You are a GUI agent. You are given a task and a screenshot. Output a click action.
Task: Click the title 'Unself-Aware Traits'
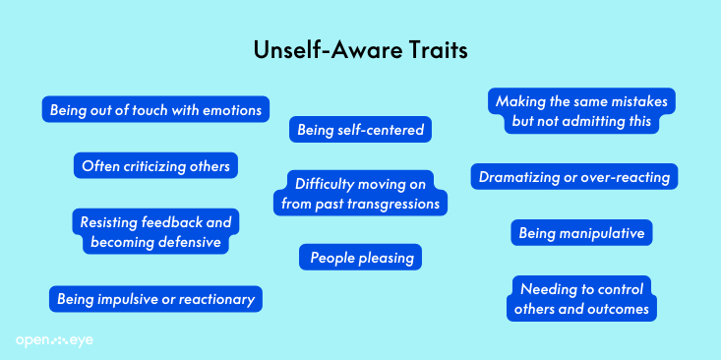360,50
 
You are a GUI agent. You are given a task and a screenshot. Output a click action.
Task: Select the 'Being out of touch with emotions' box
156,110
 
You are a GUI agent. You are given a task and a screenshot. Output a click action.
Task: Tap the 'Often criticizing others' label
156,165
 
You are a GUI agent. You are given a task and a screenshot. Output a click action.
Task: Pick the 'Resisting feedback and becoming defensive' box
156,232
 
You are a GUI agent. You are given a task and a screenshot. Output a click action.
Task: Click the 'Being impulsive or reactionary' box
156,298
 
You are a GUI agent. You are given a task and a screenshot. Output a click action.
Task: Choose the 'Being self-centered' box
360,129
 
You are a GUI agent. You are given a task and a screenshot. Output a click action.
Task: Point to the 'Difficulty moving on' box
361,193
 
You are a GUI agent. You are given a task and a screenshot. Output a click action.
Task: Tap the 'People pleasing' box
360,258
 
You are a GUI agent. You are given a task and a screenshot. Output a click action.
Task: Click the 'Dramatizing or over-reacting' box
573,177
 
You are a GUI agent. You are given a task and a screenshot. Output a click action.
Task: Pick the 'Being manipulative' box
581,233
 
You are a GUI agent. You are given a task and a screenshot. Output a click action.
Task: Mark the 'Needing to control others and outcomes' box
580,299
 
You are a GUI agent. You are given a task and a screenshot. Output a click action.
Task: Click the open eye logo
54,340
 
